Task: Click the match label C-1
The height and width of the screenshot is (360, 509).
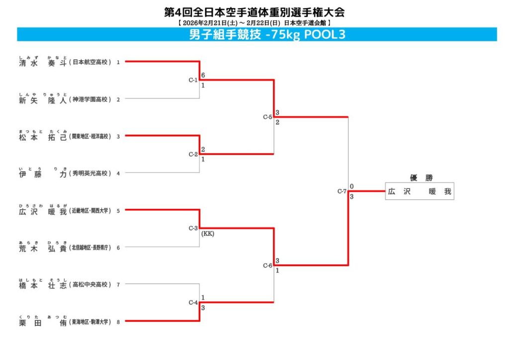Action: point(193,80)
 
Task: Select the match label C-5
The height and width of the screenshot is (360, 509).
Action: point(267,117)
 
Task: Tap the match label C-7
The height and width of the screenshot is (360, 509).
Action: point(341,191)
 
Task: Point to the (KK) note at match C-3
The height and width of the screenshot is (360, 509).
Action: point(208,234)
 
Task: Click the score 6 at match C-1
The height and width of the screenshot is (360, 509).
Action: point(203,76)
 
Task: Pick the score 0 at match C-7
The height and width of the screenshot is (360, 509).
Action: point(351,186)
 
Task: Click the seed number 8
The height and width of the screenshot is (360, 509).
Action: point(118,322)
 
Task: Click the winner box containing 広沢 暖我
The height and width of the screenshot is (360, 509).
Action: point(420,191)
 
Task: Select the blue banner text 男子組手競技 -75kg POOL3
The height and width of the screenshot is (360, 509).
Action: point(267,34)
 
